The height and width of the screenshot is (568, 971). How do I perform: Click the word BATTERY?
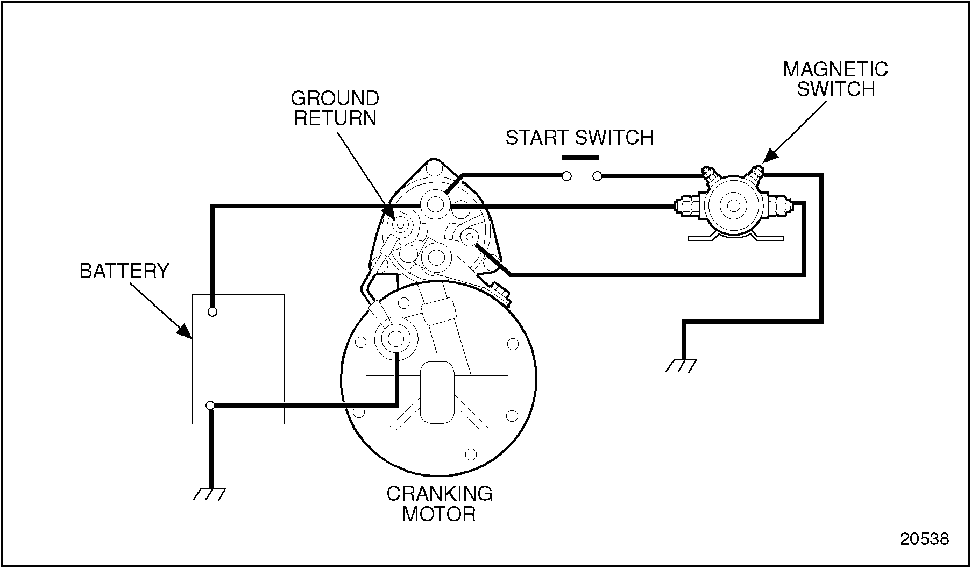pyautogui.click(x=124, y=271)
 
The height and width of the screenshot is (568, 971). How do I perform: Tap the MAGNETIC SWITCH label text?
pyautogui.click(x=835, y=79)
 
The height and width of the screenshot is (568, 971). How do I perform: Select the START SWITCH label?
pyautogui.click(x=579, y=138)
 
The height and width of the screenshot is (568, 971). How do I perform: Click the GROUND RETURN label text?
pyautogui.click(x=335, y=108)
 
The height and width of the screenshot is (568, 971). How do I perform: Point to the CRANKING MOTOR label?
pyautogui.click(x=440, y=503)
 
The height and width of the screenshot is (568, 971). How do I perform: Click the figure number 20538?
pyautogui.click(x=924, y=539)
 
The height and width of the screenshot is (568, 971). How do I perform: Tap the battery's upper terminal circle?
pyautogui.click(x=212, y=311)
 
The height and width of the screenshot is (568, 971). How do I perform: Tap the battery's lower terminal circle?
pyautogui.click(x=211, y=405)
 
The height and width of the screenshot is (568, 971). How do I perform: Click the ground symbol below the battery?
pyautogui.click(x=210, y=493)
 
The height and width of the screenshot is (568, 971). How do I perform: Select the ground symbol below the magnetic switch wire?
pyautogui.click(x=681, y=366)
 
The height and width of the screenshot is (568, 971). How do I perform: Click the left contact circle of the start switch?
pyautogui.click(x=566, y=176)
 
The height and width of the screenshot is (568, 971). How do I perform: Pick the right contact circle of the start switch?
pyautogui.click(x=597, y=176)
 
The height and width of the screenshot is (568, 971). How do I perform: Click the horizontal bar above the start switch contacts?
pyautogui.click(x=580, y=158)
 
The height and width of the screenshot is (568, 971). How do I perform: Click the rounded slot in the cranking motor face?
pyautogui.click(x=437, y=392)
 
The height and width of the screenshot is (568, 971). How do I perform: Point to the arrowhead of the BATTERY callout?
pyautogui.click(x=186, y=332)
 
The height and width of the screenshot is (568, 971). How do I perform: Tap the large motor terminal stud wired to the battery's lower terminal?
pyautogui.click(x=396, y=339)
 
